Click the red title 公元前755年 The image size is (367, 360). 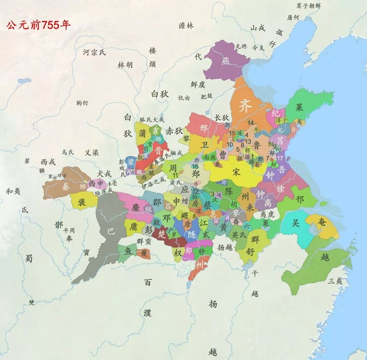[x=38, y=25]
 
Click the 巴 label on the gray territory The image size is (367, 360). [x=111, y=232]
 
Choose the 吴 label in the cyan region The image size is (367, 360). [x=296, y=222]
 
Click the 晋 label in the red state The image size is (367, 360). [x=158, y=151]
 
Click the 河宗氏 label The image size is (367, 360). [x=94, y=52]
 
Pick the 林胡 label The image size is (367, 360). [x=125, y=65]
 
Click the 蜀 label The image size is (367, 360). [x=29, y=259]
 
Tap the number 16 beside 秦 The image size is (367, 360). [x=82, y=187]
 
